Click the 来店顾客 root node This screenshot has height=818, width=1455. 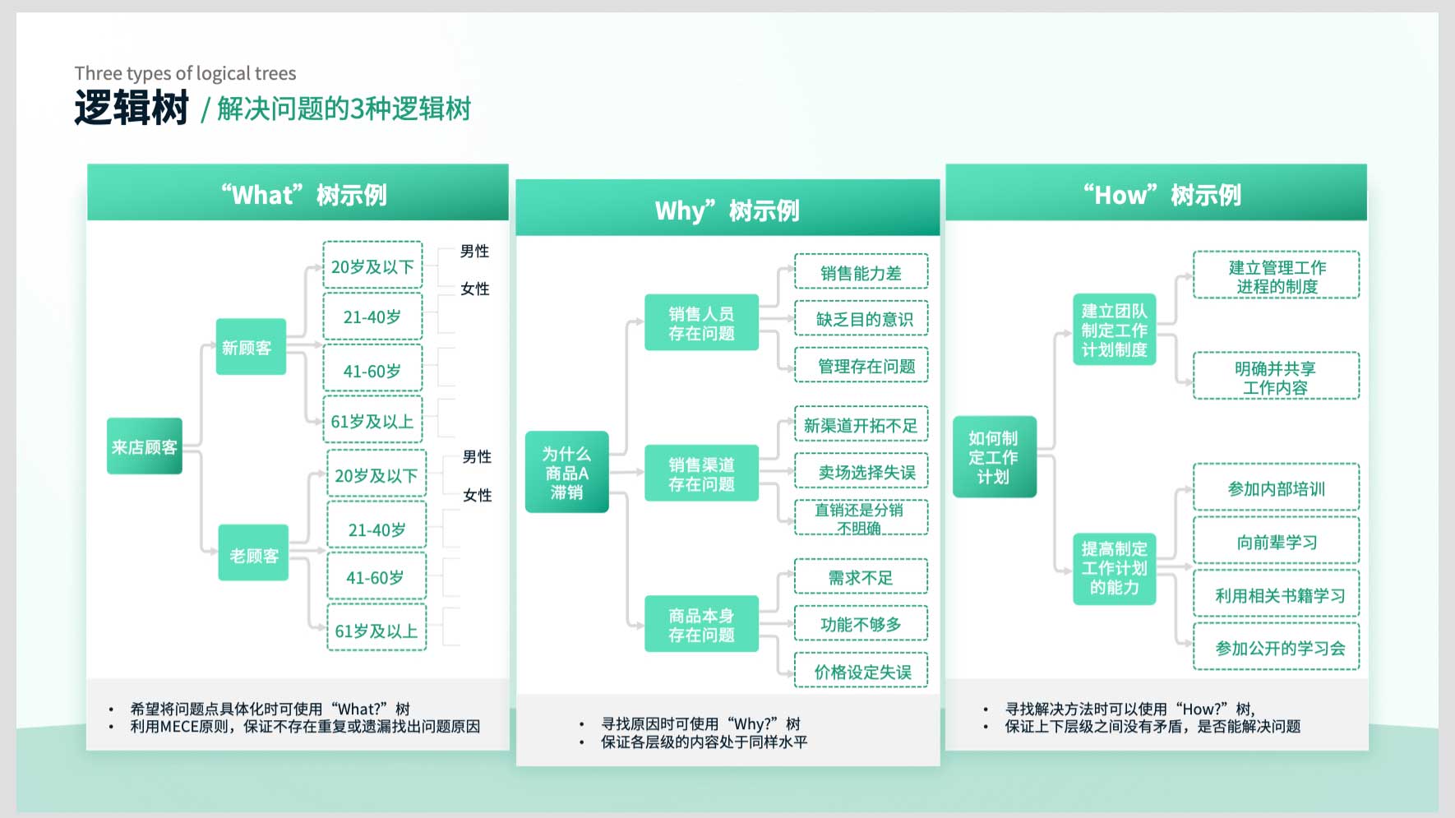click(145, 446)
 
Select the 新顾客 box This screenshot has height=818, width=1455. click(251, 347)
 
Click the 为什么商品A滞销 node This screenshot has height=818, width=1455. click(567, 472)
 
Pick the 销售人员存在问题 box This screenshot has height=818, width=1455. click(701, 323)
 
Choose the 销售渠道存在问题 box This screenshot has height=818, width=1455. click(701, 474)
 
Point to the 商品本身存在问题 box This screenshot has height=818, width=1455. click(701, 625)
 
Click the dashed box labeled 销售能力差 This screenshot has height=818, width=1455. click(861, 272)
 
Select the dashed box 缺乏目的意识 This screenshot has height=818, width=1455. click(861, 318)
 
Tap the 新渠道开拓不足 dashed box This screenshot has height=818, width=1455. click(861, 424)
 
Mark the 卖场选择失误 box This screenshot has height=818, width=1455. click(861, 471)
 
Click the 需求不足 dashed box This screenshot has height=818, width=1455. click(861, 577)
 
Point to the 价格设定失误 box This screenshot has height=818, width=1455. click(861, 671)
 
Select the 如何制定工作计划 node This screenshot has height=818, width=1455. click(994, 457)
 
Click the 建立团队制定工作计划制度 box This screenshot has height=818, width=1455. click(1115, 330)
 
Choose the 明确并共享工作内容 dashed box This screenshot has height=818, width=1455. click(1276, 377)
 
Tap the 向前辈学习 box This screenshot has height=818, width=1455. click(1276, 542)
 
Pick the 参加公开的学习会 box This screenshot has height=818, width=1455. click(1276, 647)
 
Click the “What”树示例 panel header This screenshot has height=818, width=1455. click(298, 193)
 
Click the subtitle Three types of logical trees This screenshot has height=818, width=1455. click(186, 73)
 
